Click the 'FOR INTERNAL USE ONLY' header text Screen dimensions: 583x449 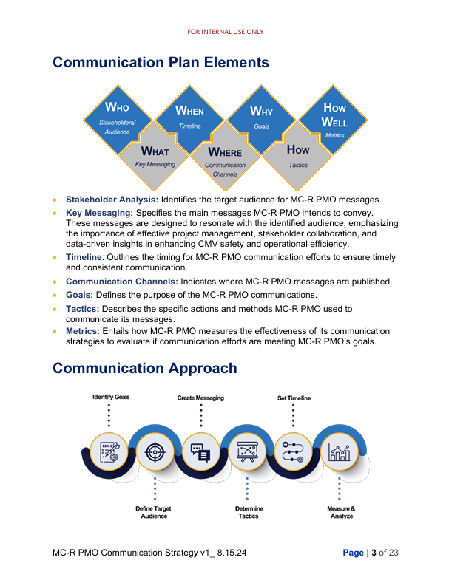click(225, 32)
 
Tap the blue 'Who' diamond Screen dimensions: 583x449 click(118, 119)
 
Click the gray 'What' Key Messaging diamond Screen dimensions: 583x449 click(155, 157)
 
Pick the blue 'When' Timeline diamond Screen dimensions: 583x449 click(190, 118)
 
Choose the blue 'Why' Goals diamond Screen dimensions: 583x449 click(261, 118)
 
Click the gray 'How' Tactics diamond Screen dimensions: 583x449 click(298, 157)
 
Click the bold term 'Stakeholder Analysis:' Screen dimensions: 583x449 click(112, 200)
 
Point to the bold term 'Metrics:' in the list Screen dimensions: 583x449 click(83, 330)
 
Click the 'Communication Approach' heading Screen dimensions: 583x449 click(145, 368)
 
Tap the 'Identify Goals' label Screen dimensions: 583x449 click(111, 398)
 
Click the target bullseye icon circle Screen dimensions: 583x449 click(154, 451)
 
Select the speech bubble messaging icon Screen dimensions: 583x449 click(200, 451)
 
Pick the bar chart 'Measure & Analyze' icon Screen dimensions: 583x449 click(340, 451)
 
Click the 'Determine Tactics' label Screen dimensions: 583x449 click(249, 512)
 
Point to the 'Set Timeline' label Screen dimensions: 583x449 click(294, 398)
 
